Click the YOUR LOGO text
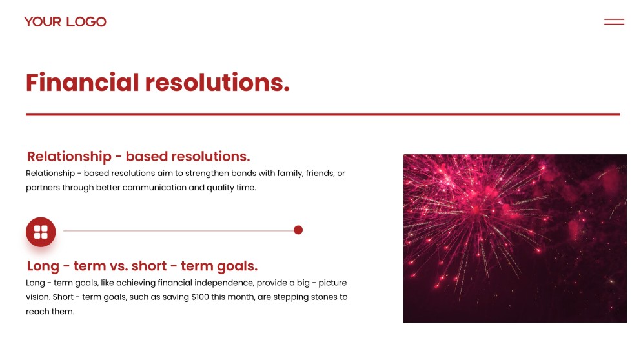(65, 22)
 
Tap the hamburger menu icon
(614, 22)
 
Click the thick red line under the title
(323, 114)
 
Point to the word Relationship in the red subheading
(69, 157)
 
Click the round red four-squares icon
(41, 232)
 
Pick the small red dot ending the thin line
(298, 230)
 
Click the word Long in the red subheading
(43, 266)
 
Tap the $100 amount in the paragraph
(200, 297)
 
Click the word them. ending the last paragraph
(63, 312)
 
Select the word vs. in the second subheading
(119, 266)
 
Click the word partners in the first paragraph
(43, 188)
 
